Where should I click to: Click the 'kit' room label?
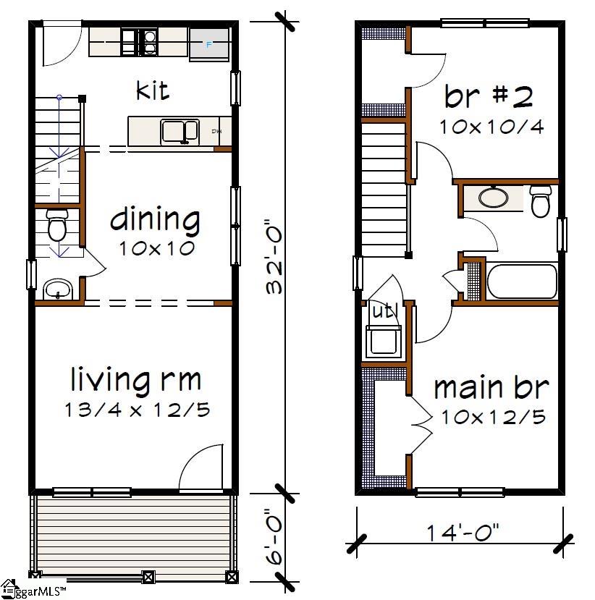pos(153,90)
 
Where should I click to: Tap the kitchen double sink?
pos(180,131)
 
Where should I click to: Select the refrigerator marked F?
pos(209,43)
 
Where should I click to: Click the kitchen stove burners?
pos(139,41)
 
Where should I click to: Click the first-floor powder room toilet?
pos(57,226)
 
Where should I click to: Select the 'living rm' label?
pos(135,379)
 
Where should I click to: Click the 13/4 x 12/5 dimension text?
pos(137,410)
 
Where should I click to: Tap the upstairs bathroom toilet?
pos(541,202)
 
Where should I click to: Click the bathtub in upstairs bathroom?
pos(522,282)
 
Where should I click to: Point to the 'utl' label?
pos(384,312)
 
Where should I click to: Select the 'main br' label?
pos(491,388)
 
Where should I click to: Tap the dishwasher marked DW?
pos(216,132)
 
